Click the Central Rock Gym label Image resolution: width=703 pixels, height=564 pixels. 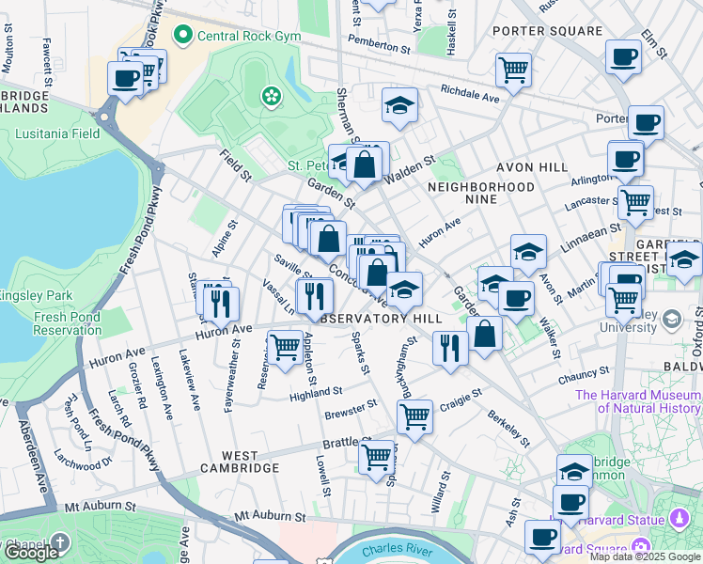(x=249, y=37)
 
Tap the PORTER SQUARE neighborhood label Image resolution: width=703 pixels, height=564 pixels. (x=546, y=31)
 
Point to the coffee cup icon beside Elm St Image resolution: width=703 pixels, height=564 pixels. (x=623, y=57)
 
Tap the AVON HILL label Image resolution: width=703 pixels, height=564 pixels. (x=536, y=166)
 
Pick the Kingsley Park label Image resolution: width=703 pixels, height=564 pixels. (x=36, y=295)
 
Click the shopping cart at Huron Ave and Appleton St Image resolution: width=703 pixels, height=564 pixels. (x=285, y=346)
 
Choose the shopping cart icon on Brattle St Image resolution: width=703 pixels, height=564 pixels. (x=377, y=457)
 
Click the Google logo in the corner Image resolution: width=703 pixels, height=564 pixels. (x=31, y=552)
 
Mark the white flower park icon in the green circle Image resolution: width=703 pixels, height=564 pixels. (x=272, y=95)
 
